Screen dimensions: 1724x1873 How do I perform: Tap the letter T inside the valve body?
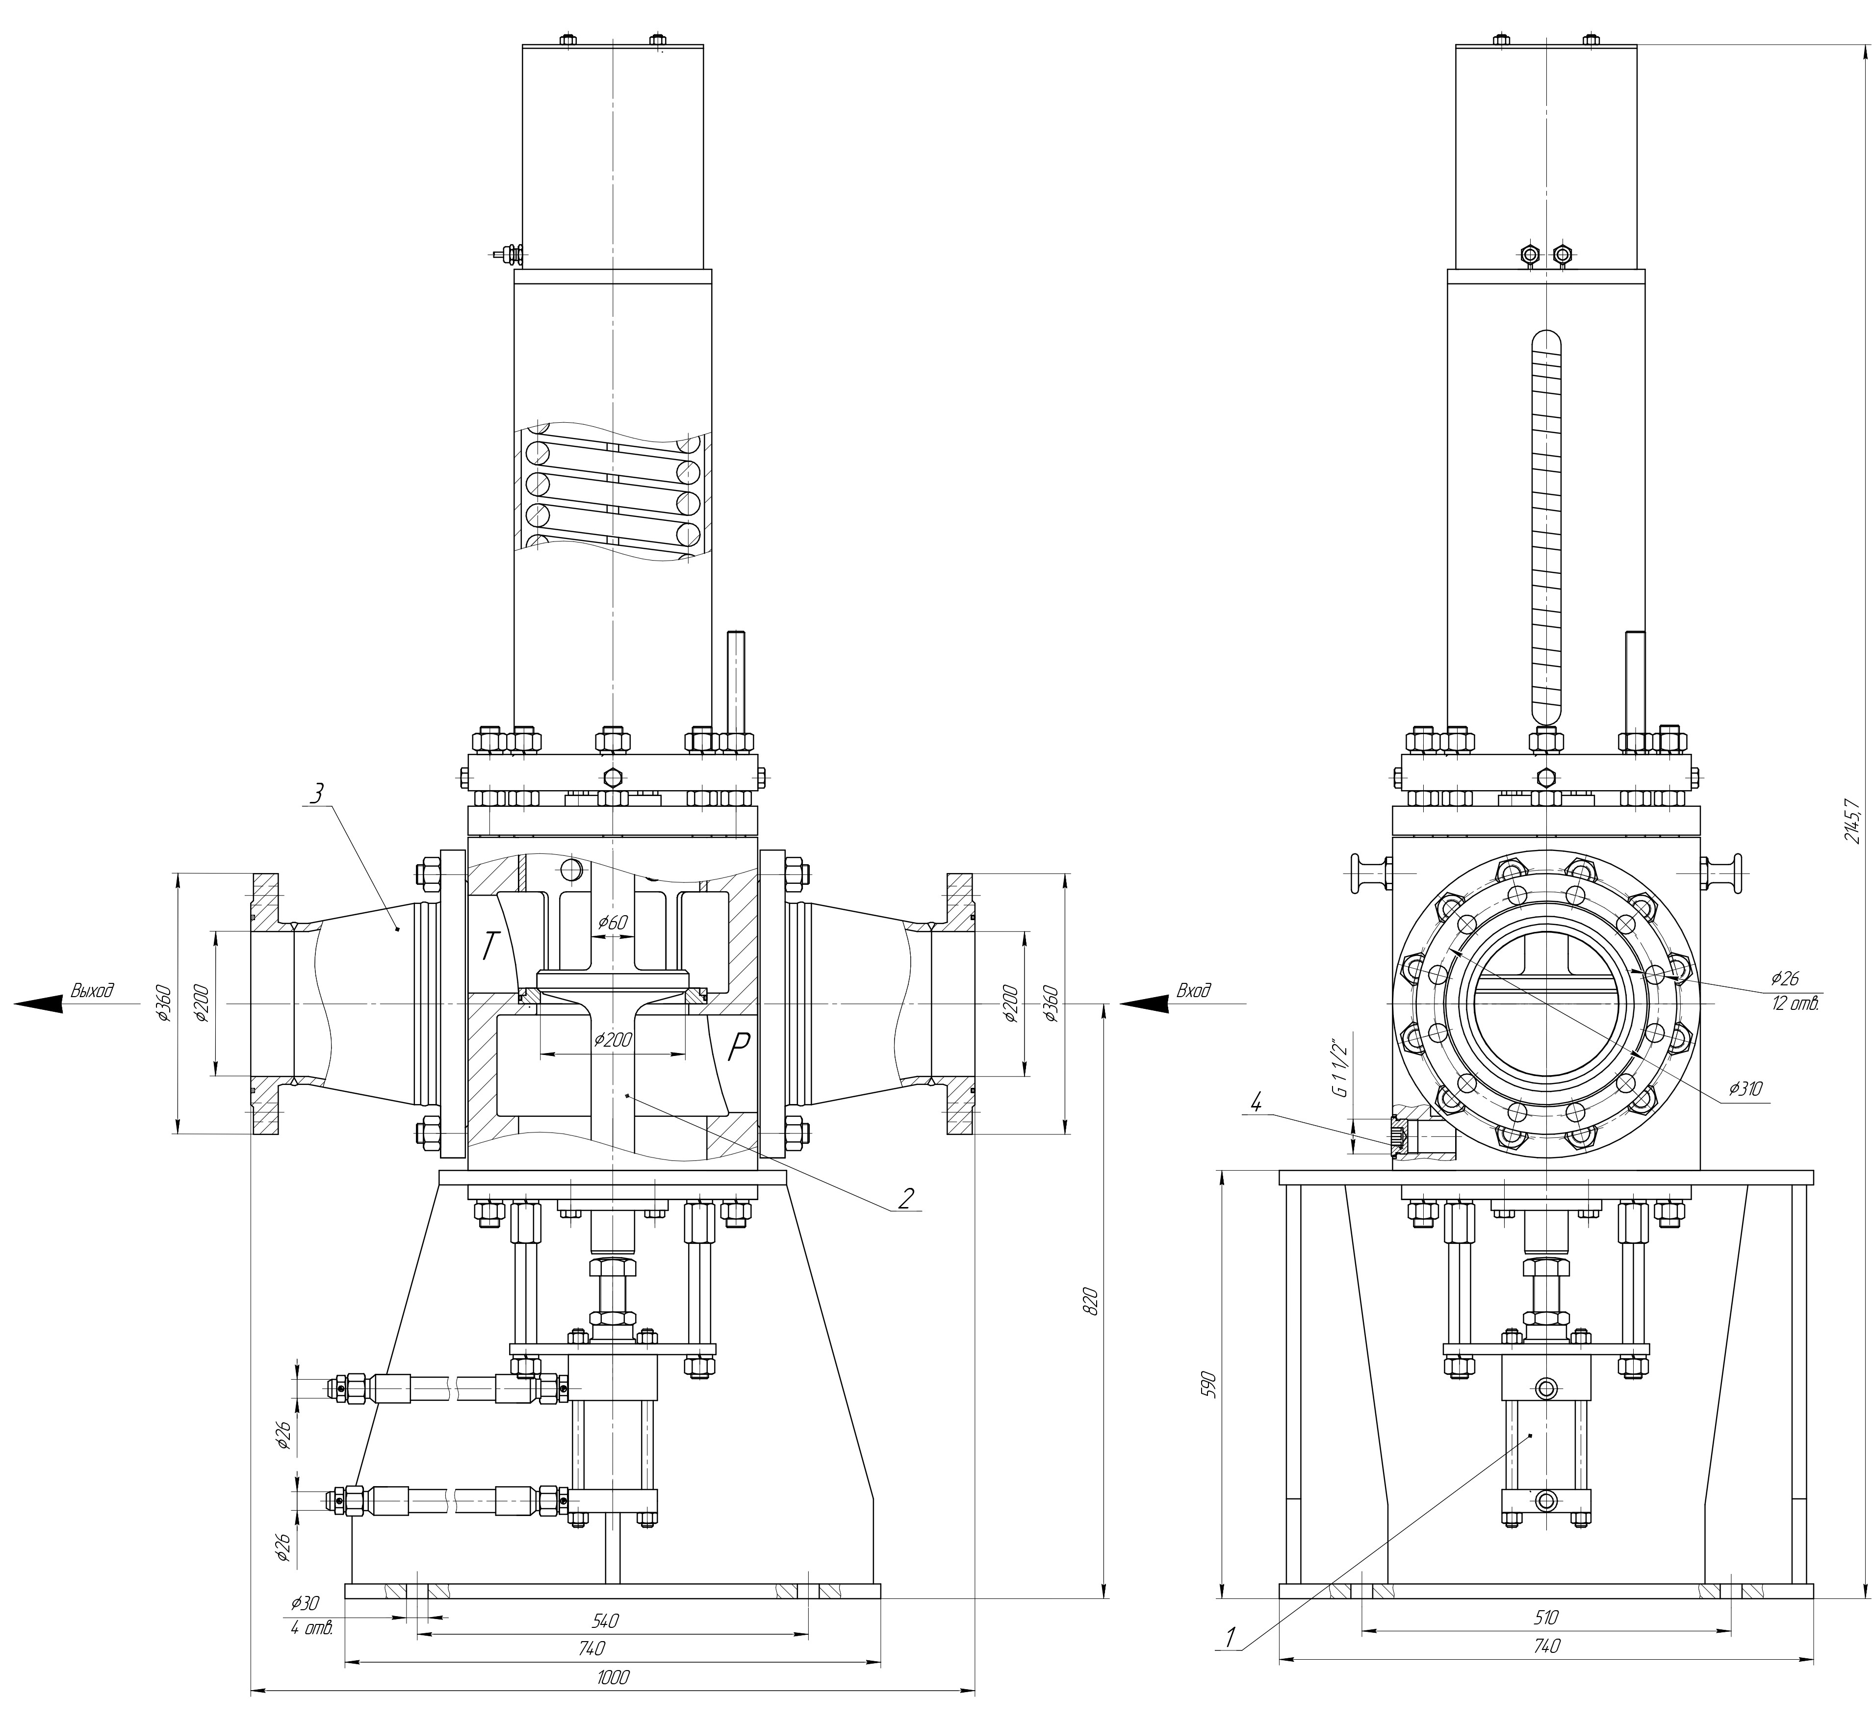click(x=489, y=947)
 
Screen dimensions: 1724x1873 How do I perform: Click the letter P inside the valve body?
click(x=737, y=1050)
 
